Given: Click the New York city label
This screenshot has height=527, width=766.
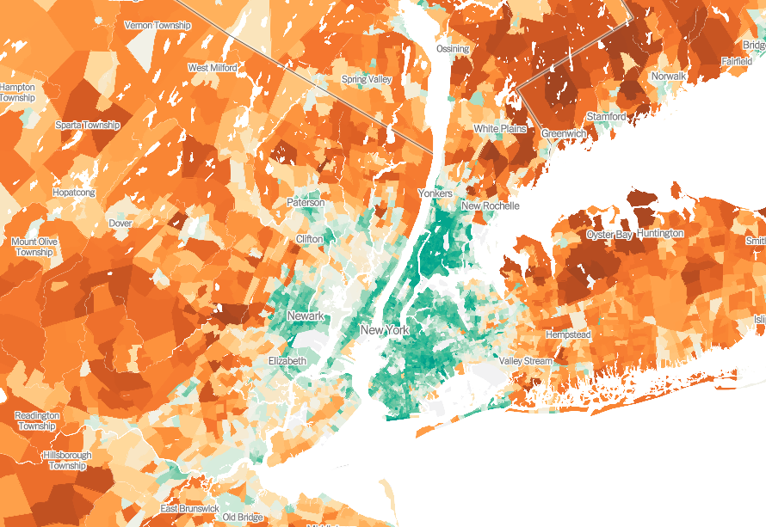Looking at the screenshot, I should [x=385, y=330].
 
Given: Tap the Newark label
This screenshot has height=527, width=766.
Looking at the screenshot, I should [x=306, y=316].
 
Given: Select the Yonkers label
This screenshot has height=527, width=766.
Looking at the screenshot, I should [x=435, y=194].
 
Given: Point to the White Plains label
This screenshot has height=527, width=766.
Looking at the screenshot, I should [x=500, y=129].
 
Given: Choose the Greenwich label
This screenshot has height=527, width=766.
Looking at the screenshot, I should [x=564, y=134].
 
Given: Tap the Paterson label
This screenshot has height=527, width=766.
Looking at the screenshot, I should [x=306, y=203].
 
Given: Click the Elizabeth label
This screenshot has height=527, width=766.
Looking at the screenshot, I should [x=287, y=361].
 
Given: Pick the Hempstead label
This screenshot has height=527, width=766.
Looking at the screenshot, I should [x=568, y=334].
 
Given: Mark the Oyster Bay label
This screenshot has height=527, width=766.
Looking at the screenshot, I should [x=609, y=235].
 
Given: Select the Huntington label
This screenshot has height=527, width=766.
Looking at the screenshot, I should [x=662, y=233].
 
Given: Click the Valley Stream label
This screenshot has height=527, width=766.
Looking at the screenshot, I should [x=526, y=361].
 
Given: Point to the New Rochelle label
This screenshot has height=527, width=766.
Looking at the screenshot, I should [x=491, y=206].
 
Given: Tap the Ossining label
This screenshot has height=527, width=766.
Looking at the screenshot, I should [x=453, y=49].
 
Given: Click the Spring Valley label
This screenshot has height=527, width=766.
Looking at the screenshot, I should [x=367, y=80].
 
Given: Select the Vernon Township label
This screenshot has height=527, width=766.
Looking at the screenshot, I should [x=158, y=25].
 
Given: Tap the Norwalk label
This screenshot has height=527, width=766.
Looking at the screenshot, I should [x=669, y=77].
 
